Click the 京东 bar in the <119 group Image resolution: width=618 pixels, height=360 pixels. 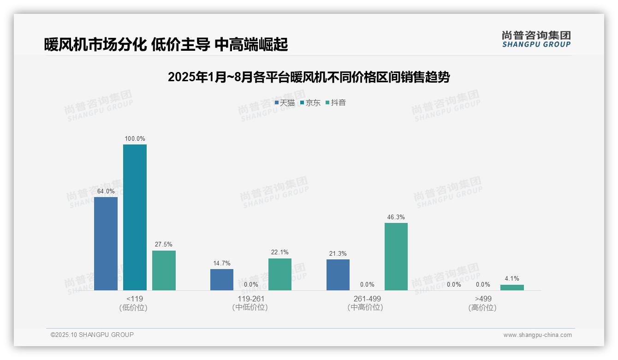[135, 217]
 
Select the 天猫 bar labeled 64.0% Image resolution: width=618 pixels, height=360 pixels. [106, 244]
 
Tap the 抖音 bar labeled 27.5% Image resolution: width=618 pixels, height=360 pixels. [164, 270]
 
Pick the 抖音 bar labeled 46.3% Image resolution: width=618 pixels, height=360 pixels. [396, 257]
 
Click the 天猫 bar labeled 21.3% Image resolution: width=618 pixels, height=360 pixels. [338, 275]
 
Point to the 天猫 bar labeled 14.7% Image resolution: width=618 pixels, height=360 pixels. [222, 280]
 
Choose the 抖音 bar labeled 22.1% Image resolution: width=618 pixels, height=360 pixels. [280, 274]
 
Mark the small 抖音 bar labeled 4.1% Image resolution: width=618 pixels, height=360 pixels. [512, 288]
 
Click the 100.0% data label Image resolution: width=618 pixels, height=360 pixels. [135, 138]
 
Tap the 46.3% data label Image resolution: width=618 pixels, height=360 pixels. [396, 217]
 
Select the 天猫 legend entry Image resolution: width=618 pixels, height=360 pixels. [285, 103]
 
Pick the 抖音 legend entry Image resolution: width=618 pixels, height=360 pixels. [336, 103]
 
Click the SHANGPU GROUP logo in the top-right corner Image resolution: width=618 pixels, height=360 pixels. [536, 39]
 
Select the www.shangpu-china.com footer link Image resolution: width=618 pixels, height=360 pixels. [537, 335]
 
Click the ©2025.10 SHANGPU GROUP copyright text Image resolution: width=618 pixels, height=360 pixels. [92, 335]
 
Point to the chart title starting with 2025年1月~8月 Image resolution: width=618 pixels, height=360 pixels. [309, 77]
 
